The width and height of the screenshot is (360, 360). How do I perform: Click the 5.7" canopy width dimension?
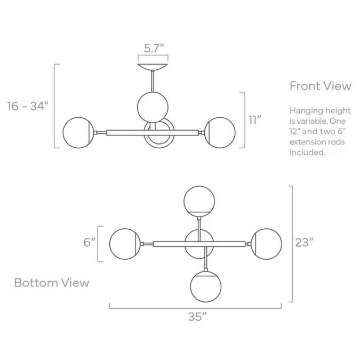(154, 48)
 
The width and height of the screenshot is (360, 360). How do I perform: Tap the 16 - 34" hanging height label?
(28, 106)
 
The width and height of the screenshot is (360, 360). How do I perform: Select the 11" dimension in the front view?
(255, 120)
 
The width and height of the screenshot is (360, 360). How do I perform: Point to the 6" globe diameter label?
(89, 243)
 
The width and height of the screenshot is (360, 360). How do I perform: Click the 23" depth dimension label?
(304, 243)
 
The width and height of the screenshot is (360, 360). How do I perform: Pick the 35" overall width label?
(197, 317)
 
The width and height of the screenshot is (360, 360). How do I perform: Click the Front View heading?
(321, 86)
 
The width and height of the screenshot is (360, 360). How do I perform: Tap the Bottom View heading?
(52, 282)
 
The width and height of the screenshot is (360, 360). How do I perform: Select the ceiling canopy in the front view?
(153, 67)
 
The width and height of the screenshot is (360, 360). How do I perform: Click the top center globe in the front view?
(153, 107)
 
